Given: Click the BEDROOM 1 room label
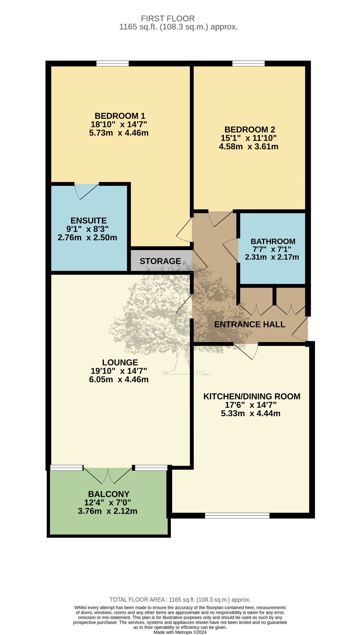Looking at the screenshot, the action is [x=120, y=116].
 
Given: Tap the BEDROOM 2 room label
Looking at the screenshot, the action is [x=250, y=130].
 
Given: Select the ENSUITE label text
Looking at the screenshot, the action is [x=89, y=221].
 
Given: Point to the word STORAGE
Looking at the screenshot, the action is [x=160, y=261].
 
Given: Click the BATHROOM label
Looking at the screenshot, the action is [x=273, y=241].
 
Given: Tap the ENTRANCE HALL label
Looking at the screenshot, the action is [x=250, y=324].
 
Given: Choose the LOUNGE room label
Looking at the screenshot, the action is [x=120, y=362].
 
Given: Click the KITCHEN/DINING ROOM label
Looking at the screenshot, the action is [x=252, y=397].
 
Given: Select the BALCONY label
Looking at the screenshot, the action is [x=109, y=494].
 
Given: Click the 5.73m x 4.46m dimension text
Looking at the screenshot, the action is [x=119, y=133].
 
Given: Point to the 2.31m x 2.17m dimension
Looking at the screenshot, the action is [x=272, y=257].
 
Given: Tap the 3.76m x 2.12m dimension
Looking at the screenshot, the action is [x=108, y=511].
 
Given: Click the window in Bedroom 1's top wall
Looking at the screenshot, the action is [x=113, y=64].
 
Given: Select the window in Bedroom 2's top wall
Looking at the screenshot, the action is [x=249, y=64].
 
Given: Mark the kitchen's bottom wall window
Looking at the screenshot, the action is [x=237, y=516].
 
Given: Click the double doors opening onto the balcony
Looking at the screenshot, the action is [x=108, y=476].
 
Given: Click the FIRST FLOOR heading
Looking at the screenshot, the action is [x=168, y=19].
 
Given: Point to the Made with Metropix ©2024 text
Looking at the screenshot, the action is [x=180, y=632].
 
